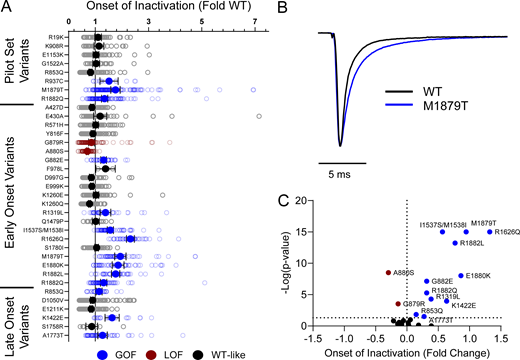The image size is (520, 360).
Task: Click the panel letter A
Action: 7,8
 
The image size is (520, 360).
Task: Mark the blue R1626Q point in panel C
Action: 490,232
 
